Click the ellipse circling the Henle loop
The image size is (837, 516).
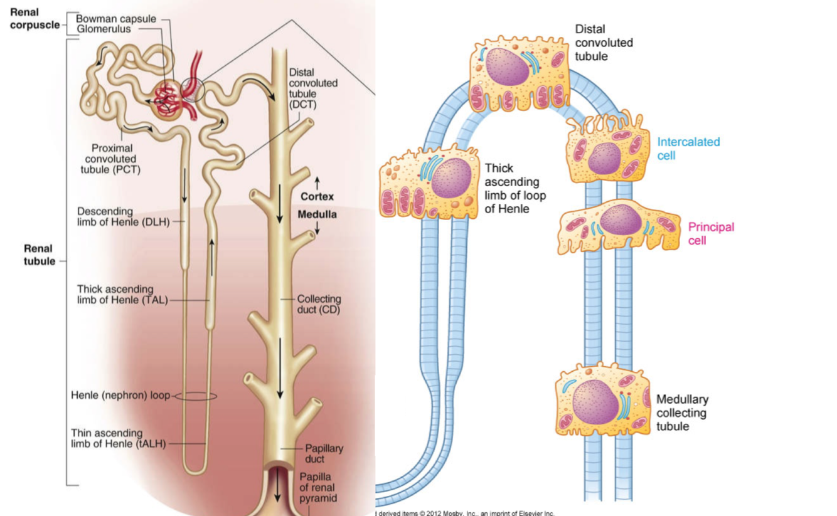point(195,396)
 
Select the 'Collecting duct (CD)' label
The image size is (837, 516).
point(318,304)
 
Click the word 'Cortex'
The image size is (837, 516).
point(317,196)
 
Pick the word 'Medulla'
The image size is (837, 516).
point(317,214)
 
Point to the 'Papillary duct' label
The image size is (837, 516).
point(324,453)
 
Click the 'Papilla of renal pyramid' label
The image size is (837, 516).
point(317,487)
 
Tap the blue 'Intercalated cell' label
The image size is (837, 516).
point(688,148)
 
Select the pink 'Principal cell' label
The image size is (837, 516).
point(711,233)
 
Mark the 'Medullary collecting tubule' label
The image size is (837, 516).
point(682,413)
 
